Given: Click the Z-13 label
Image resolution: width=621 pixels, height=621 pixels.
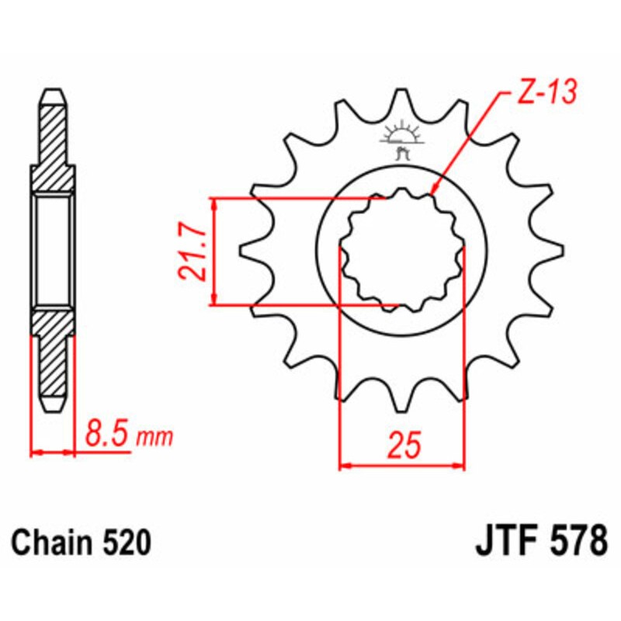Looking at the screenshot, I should click(x=545, y=93).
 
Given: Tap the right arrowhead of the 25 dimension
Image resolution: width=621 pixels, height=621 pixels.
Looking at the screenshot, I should click(x=460, y=467).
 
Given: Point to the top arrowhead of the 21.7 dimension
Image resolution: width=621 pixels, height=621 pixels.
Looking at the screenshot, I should click(x=215, y=203).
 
